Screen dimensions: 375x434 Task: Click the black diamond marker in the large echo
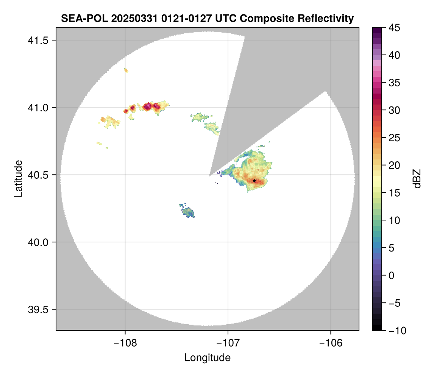point(254,181)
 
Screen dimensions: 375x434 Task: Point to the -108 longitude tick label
point(125,344)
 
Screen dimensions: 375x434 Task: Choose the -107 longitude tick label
point(228,344)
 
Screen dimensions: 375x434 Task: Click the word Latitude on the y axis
point(18,178)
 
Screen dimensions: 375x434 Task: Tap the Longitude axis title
point(207,358)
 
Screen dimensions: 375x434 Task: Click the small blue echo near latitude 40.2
point(188,212)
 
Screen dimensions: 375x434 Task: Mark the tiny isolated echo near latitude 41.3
point(126,70)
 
